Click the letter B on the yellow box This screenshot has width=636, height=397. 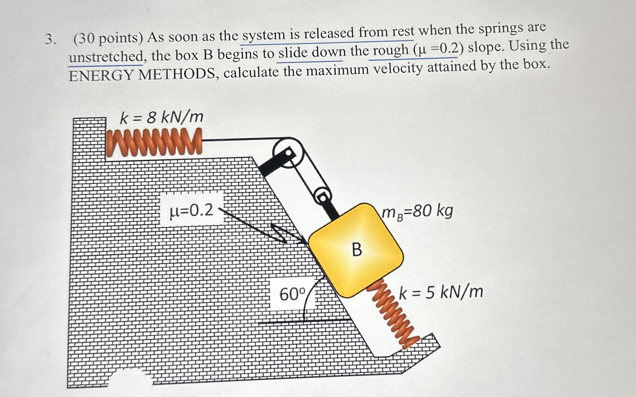(357, 249)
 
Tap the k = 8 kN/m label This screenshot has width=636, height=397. (162, 117)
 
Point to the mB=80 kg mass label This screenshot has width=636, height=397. (417, 212)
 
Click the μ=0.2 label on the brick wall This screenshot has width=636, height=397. (192, 211)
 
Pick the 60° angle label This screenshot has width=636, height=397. (293, 294)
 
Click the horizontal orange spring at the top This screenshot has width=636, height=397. (154, 142)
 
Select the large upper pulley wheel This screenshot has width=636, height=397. (288, 152)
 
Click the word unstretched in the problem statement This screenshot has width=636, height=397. (106, 57)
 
